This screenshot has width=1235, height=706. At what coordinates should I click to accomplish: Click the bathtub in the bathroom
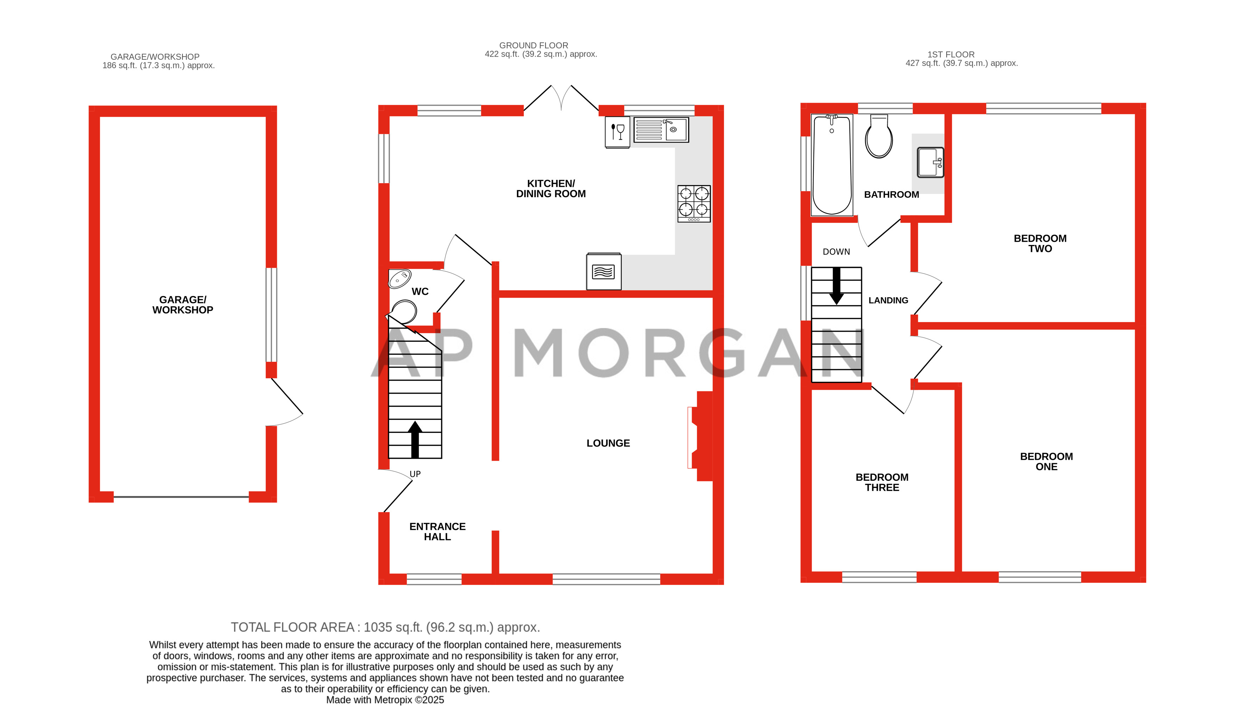[x=831, y=165]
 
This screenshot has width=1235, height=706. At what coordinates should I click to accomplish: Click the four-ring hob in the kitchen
[x=694, y=204]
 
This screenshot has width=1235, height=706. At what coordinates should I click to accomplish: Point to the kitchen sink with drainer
[x=661, y=130]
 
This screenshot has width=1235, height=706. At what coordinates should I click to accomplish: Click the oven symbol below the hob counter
[x=604, y=272]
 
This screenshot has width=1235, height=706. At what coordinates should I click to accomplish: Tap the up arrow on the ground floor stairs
[x=415, y=439]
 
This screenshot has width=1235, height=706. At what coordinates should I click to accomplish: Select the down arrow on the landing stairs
[x=836, y=286]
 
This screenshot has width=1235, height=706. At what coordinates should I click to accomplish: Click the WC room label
[x=420, y=291]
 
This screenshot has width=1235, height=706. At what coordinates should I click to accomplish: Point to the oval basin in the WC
[x=400, y=278]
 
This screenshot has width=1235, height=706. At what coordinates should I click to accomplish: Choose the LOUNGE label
[x=608, y=443]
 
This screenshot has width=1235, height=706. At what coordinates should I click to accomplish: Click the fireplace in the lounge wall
[x=701, y=436]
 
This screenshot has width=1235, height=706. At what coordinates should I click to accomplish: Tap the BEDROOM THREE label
[x=881, y=483]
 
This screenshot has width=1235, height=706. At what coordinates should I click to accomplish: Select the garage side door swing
[x=286, y=403]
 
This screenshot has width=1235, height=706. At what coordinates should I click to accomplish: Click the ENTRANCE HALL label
[x=437, y=531]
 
